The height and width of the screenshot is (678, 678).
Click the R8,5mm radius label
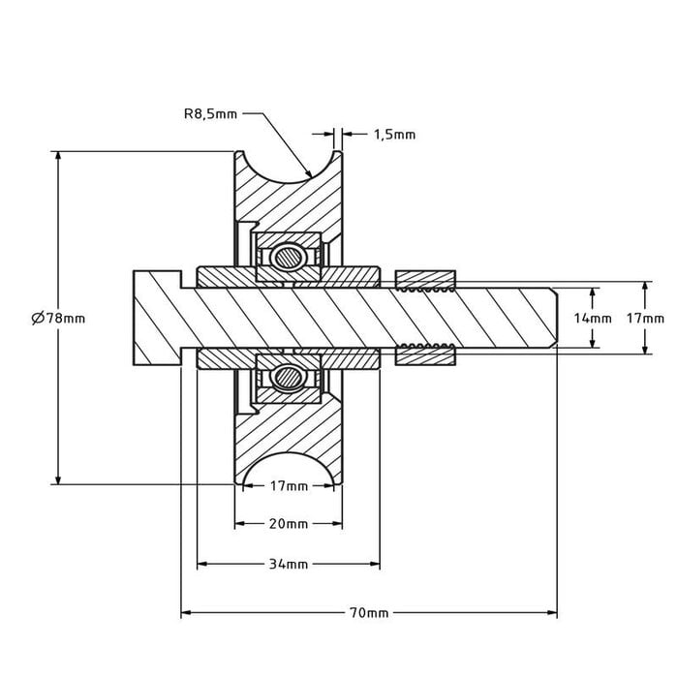tap(210, 113)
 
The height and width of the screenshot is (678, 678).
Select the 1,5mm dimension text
tap(394, 135)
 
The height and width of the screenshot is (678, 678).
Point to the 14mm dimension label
tap(593, 318)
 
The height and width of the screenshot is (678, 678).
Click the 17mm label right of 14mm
tap(645, 318)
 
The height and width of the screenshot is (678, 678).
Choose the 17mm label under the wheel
tap(288, 485)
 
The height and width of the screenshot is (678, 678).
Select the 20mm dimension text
tap(288, 524)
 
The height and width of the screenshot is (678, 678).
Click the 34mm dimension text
tap(288, 564)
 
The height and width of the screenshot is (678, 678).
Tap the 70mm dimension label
tap(369, 613)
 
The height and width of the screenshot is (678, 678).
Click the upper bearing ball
tap(287, 257)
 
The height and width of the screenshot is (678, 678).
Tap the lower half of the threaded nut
tap(427, 354)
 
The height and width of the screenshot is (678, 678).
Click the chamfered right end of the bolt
tap(553, 318)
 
